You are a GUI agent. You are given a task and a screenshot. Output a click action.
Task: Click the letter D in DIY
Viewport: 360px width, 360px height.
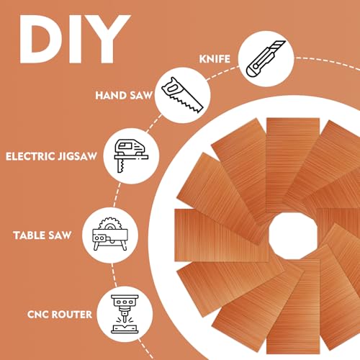(x=41, y=39)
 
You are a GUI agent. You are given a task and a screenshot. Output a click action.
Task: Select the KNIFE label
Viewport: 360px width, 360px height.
(x=215, y=59)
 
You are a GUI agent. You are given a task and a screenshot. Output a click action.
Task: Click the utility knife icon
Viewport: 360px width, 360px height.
(x=266, y=58)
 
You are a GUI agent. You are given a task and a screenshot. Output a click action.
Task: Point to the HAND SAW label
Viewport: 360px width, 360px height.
(x=124, y=96)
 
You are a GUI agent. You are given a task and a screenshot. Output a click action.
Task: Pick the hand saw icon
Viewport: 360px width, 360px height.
(x=182, y=95)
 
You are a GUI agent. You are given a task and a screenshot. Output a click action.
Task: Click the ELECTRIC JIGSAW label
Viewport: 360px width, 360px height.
(x=51, y=156)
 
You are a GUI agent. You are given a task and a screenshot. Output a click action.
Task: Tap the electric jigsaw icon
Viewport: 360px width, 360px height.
(x=131, y=156)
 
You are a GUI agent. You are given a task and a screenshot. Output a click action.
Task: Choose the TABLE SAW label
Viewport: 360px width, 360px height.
(x=42, y=235)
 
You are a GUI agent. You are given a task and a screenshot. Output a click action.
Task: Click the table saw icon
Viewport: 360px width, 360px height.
(x=110, y=234)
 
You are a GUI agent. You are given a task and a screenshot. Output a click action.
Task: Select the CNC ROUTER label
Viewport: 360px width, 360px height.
(x=60, y=315)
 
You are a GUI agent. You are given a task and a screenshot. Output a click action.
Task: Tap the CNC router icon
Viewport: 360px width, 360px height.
(x=125, y=314)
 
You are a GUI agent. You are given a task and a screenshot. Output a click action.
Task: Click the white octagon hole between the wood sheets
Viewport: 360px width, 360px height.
(x=293, y=236)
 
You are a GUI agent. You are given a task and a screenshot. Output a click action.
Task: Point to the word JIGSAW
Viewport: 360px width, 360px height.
(x=77, y=156)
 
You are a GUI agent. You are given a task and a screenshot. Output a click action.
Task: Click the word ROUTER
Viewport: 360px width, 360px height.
(x=72, y=315)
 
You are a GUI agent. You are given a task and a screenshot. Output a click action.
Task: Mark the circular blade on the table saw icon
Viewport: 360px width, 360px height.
(x=110, y=224)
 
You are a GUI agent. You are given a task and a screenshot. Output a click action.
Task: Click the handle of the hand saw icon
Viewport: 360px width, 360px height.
(x=171, y=87)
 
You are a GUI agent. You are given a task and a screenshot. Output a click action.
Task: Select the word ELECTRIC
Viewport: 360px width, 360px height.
(x=30, y=156)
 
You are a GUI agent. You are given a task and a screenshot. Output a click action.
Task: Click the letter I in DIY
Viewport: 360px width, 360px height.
(x=73, y=39)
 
